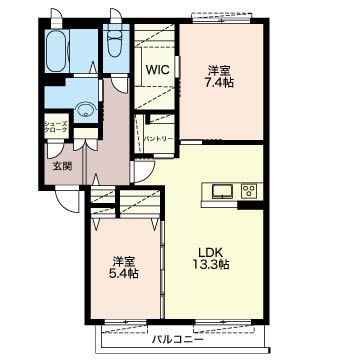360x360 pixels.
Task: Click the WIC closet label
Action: point(158,70)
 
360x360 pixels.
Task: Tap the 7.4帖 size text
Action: point(219,82)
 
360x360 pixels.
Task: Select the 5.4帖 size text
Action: point(124,274)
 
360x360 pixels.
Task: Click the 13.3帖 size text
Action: point(210,265)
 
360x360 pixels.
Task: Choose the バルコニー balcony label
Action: point(178,340)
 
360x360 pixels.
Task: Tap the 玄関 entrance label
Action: point(62,166)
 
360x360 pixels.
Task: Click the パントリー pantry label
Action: point(158,138)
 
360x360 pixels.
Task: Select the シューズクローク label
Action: point(56,127)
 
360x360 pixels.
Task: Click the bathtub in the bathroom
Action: point(57,51)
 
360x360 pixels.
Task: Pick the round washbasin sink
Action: point(86,110)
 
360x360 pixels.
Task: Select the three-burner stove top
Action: point(248,191)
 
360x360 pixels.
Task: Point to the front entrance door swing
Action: point(68,201)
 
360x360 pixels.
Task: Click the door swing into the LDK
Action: point(143,171)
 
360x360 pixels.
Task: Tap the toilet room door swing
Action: point(119,85)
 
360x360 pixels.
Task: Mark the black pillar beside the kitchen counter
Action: point(250,204)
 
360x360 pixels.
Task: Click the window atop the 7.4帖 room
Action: point(222,18)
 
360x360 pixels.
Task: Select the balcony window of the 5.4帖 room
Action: point(125,322)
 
